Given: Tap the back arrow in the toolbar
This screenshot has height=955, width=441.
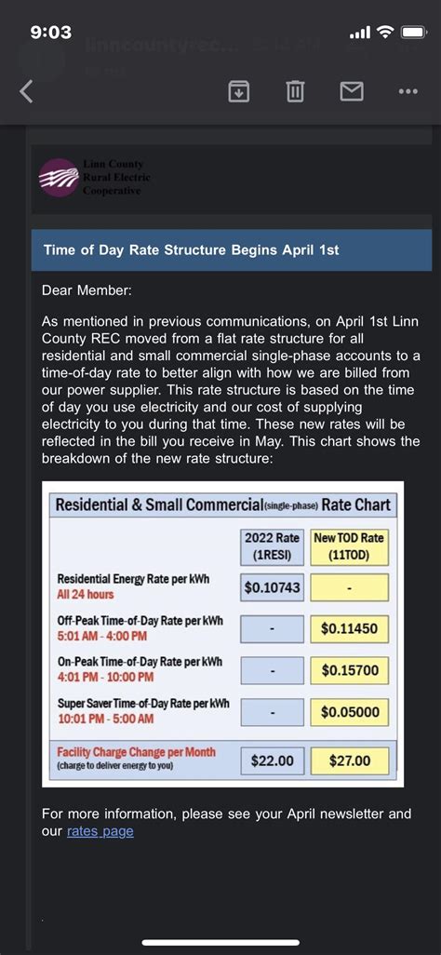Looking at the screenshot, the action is tap(26, 91).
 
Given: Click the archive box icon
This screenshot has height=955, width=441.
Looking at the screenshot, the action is tap(239, 91).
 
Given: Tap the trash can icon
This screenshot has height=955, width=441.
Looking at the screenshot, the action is tap(295, 91).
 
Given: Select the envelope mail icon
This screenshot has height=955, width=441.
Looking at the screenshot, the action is tap(352, 91).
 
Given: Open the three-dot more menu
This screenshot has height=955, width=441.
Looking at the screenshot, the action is tap(408, 91).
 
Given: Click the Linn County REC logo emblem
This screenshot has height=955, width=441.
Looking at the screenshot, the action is tap(58, 177).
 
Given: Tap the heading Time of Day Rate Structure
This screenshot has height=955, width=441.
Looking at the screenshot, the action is tap(192, 249).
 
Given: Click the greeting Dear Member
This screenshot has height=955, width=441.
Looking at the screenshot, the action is tap(87, 289).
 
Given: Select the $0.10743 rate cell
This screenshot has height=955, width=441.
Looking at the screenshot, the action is tap(273, 586).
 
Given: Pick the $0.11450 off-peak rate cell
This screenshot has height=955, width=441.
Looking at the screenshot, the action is tap(349, 628).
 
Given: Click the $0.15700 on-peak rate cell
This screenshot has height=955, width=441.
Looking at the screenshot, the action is tap(349, 669).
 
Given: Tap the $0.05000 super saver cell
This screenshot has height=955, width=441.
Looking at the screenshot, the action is tap(349, 711).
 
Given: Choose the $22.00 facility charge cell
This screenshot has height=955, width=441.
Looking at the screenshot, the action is tap(273, 760).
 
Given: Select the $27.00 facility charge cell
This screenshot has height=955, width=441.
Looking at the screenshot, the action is tap(349, 760).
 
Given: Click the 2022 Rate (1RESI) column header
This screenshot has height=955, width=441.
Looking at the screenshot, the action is tap(273, 545).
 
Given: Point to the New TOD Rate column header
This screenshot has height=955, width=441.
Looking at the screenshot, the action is tap(349, 545).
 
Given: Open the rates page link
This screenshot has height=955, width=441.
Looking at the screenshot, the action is tap(100, 831).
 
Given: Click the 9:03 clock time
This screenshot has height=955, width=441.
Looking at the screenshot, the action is tap(51, 33).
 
